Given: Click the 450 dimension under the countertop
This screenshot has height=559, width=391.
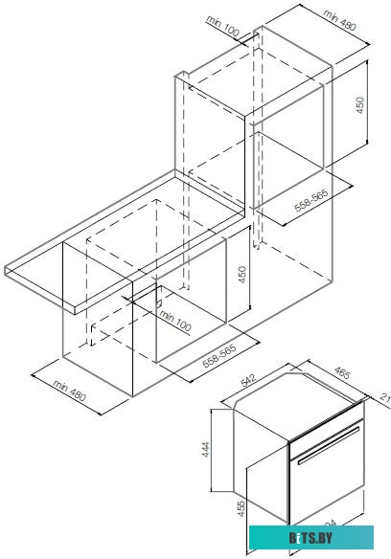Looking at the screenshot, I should click(242, 274).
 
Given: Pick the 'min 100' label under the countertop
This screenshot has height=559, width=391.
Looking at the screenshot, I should click(174, 321).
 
